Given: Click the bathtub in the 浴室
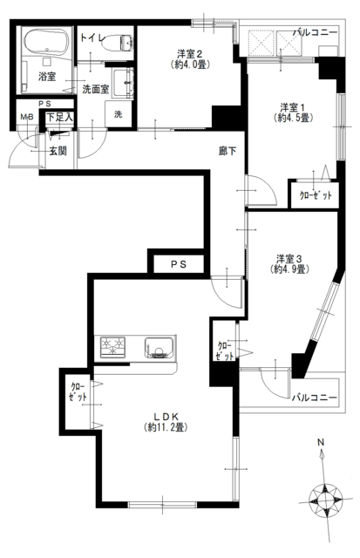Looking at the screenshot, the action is [47, 42].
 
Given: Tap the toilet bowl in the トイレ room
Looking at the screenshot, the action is [117, 43].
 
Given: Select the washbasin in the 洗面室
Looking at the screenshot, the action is [123, 84].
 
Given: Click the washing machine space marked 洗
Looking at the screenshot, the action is [119, 114].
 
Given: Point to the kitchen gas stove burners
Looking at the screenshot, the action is [112, 346].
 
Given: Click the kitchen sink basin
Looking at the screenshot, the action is [160, 347].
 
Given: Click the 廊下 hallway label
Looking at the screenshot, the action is [228, 151].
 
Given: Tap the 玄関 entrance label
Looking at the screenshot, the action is [58, 151].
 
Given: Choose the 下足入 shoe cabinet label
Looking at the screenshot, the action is [60, 117].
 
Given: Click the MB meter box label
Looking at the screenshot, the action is [27, 117].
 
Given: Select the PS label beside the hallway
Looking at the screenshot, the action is [178, 264].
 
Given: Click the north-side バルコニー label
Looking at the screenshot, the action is [315, 33].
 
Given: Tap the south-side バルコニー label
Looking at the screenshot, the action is [314, 398].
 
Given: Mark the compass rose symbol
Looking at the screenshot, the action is [325, 500].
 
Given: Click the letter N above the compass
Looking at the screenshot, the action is [321, 442].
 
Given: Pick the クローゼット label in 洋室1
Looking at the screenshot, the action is [316, 195].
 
